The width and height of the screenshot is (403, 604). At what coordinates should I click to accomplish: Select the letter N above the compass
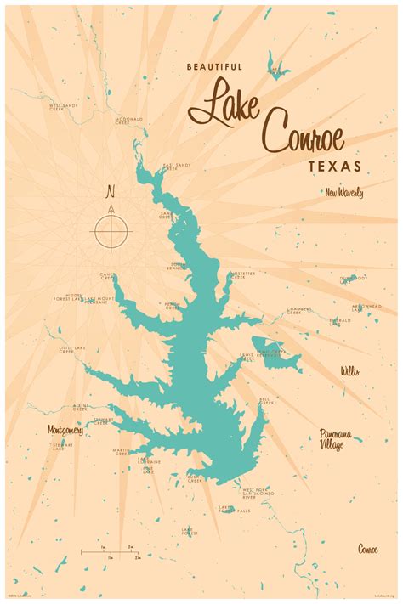point(111,191)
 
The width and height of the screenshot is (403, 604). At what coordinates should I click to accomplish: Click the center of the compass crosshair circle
point(111,229)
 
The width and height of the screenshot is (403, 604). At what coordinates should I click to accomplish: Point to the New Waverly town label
point(343,193)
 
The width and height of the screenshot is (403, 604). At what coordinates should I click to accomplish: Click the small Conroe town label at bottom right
point(368,547)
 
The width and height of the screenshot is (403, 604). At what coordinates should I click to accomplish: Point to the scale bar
point(111,553)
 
